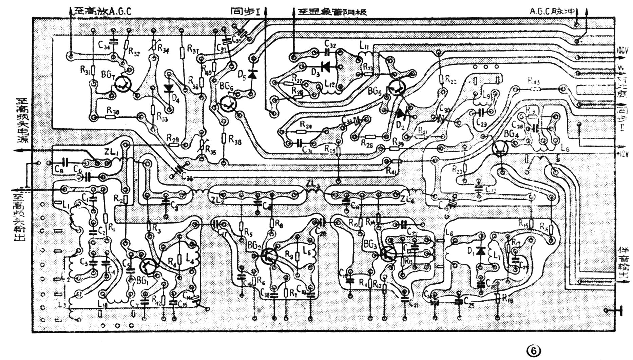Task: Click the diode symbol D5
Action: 252,74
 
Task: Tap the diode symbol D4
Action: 169,89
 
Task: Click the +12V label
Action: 623,154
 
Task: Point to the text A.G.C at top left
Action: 119,11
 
